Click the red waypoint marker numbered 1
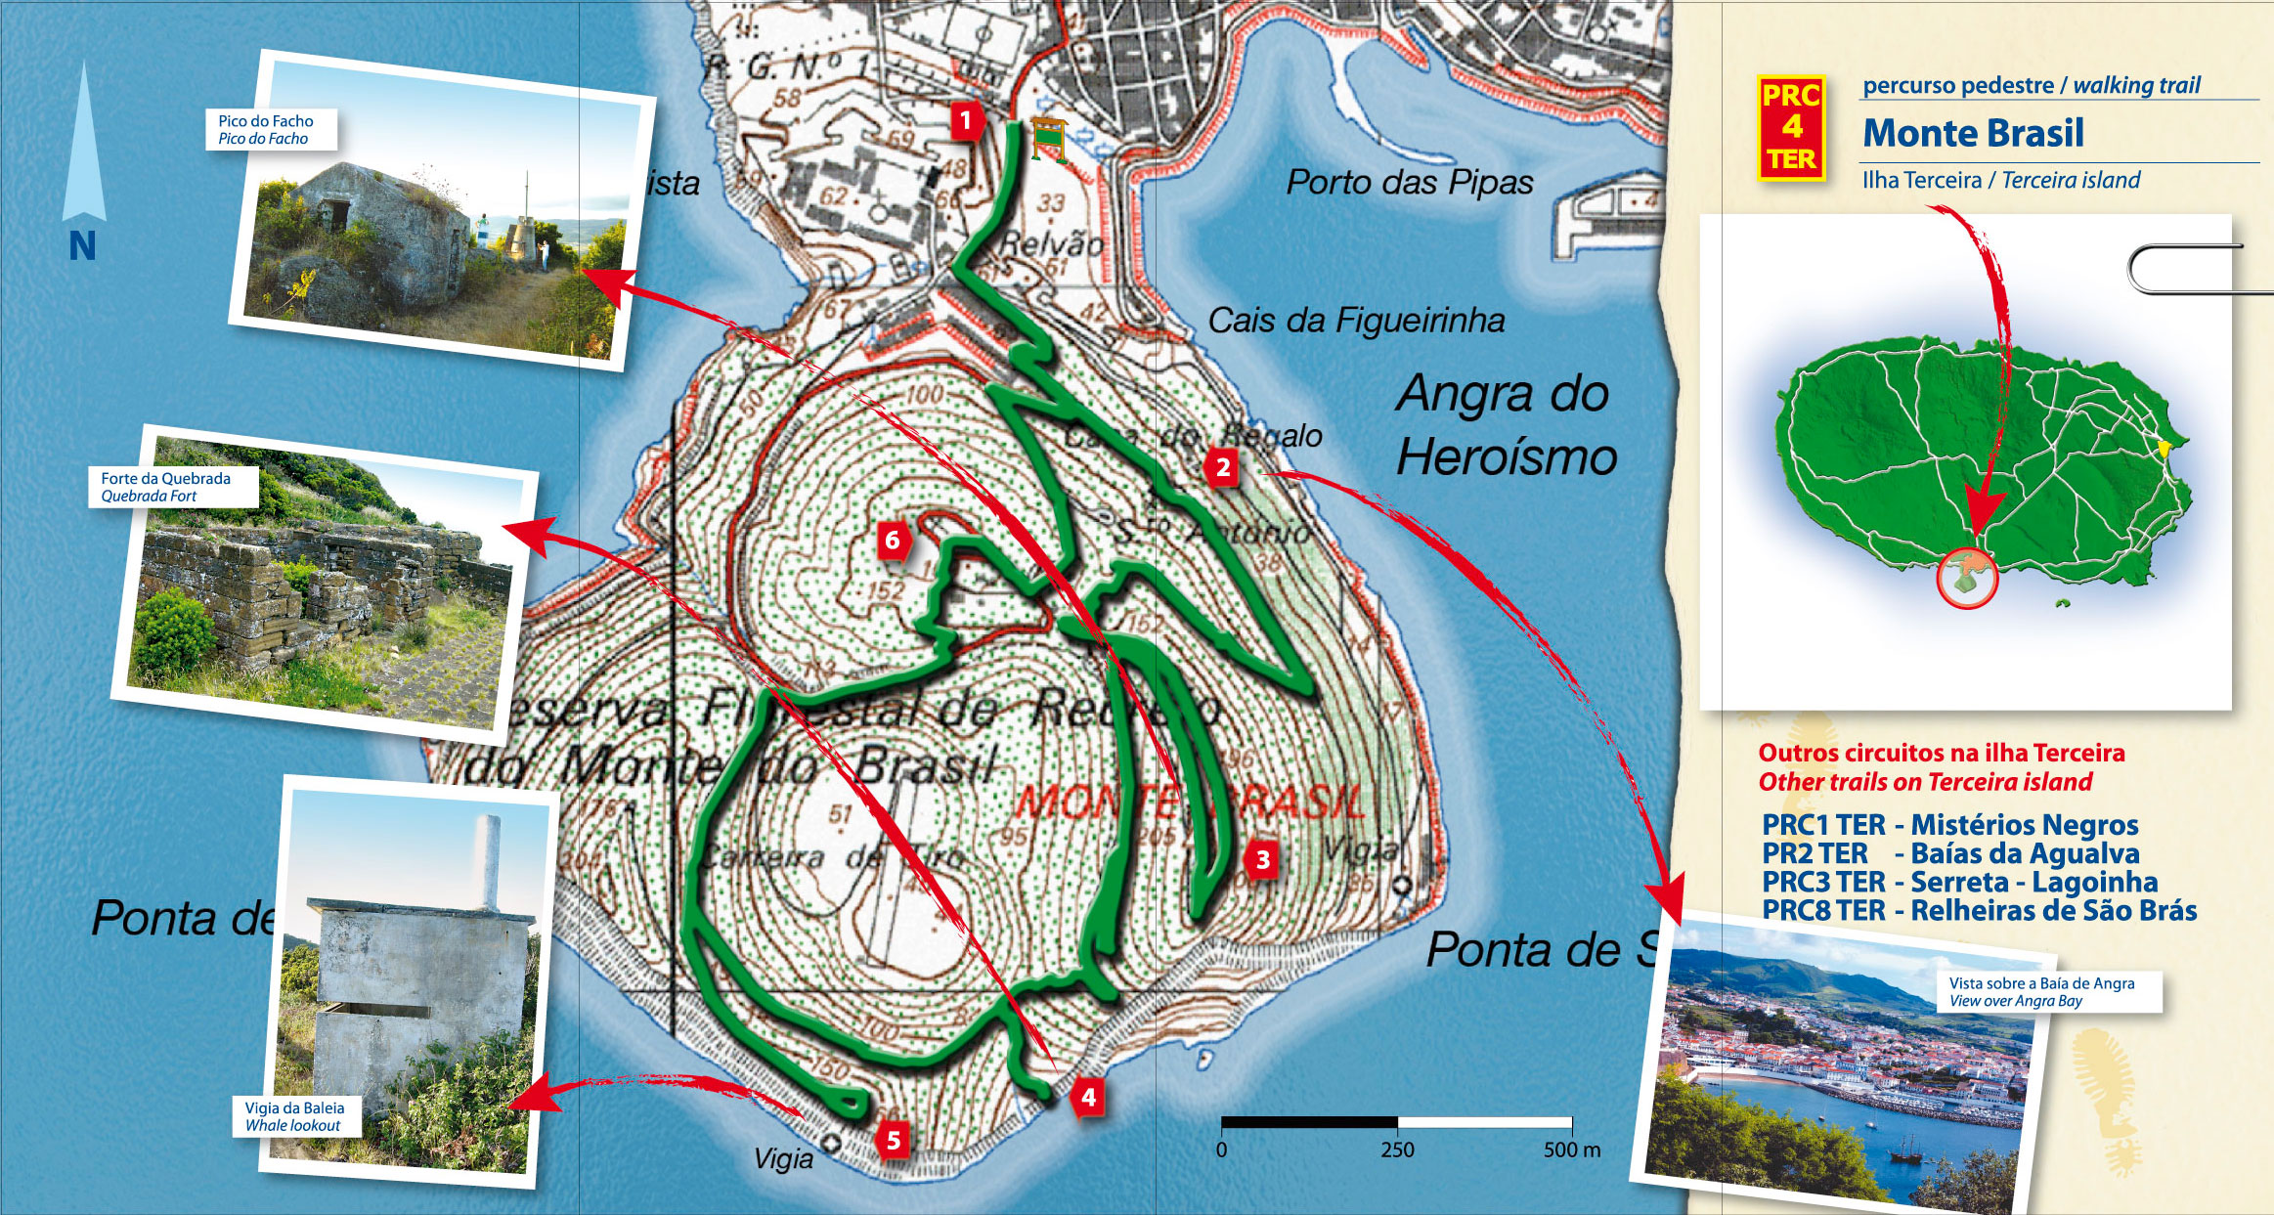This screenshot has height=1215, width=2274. pyautogui.click(x=966, y=121)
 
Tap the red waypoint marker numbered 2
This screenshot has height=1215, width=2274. pyautogui.click(x=1222, y=468)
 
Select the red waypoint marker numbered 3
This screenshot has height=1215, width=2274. pyautogui.click(x=1262, y=860)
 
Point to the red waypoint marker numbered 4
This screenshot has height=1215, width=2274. pyautogui.click(x=1088, y=1098)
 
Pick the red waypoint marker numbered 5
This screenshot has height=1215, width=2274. pyautogui.click(x=893, y=1139)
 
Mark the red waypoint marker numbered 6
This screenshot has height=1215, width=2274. pyautogui.click(x=892, y=541)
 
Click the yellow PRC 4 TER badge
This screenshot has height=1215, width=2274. pyautogui.click(x=1790, y=128)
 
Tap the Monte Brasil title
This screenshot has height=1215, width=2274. pyautogui.click(x=1973, y=133)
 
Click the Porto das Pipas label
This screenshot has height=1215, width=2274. pyautogui.click(x=1409, y=183)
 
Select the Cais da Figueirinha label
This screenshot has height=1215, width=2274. pyautogui.click(x=1356, y=321)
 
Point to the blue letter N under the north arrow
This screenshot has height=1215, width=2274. pyautogui.click(x=82, y=246)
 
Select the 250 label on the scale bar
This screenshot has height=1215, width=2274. pyautogui.click(x=1397, y=1150)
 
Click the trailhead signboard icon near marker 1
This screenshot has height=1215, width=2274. pyautogui.click(x=1048, y=139)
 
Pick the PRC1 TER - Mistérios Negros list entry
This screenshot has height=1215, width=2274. pyautogui.click(x=1949, y=825)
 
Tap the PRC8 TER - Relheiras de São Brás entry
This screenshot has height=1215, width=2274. pyautogui.click(x=1979, y=911)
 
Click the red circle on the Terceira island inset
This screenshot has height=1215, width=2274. pyautogui.click(x=1967, y=579)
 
